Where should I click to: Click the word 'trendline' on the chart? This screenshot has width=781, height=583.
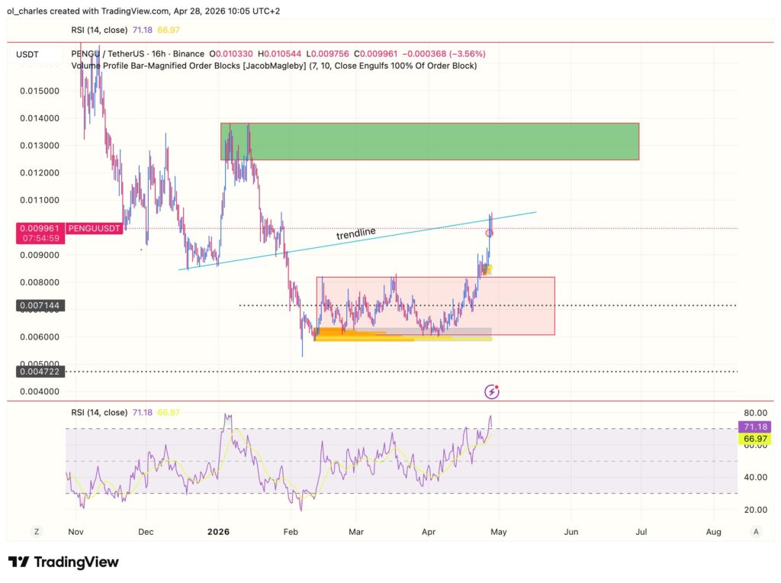click(x=356, y=234)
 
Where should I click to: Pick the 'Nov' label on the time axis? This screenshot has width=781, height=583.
click(x=75, y=531)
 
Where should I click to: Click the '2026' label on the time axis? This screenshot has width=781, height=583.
click(x=218, y=531)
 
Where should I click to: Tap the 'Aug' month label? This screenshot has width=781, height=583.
click(x=714, y=531)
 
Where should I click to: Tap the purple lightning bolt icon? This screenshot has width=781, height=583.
click(x=493, y=392)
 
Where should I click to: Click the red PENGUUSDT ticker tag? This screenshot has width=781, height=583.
click(x=94, y=228)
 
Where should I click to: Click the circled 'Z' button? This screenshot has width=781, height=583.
click(x=36, y=531)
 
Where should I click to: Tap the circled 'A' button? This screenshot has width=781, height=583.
click(x=755, y=531)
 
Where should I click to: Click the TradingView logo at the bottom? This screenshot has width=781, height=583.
click(x=64, y=562)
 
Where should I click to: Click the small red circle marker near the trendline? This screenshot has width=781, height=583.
click(x=490, y=233)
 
